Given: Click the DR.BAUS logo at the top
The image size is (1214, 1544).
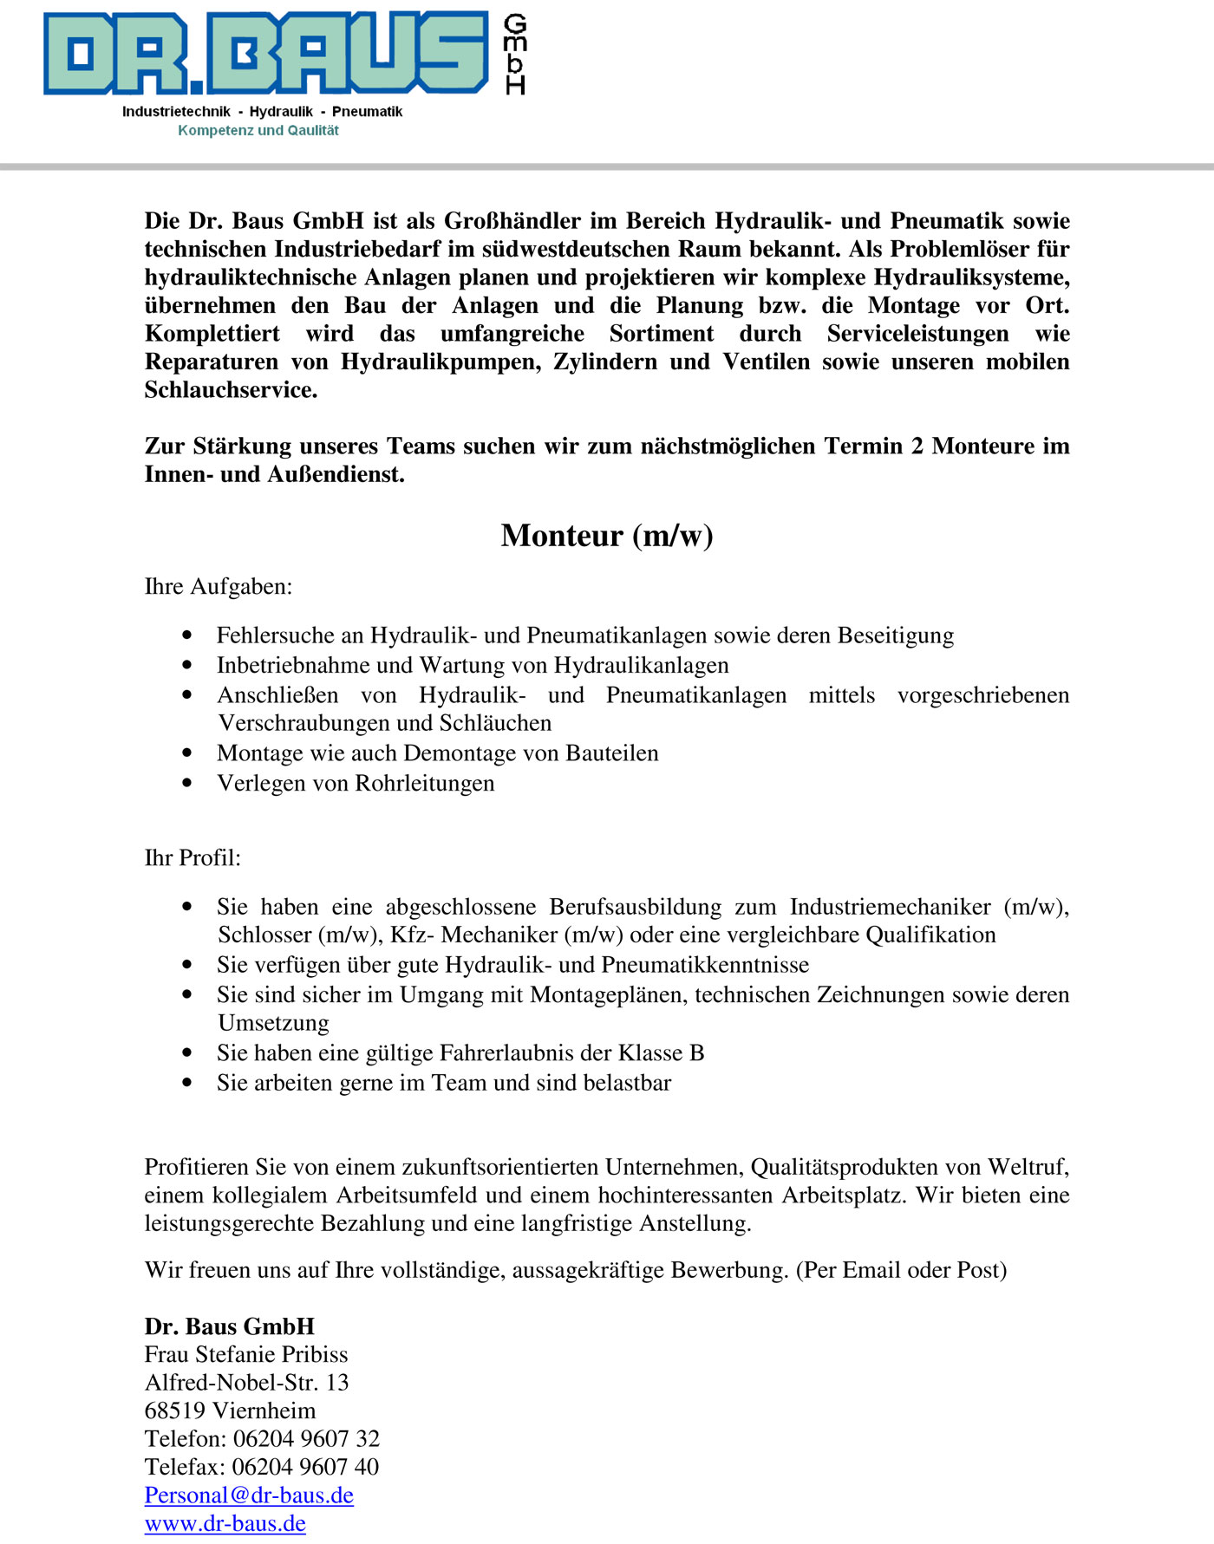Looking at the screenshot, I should [265, 53].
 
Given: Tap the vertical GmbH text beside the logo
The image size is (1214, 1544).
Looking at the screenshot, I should [515, 54].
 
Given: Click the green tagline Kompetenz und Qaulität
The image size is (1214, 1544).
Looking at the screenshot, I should [258, 131].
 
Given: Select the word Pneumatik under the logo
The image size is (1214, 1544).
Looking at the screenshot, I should [367, 112].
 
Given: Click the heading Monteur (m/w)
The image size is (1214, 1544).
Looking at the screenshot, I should [607, 536].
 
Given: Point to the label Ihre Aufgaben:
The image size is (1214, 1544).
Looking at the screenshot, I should [219, 587].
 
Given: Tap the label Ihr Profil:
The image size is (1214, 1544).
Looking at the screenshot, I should [193, 858].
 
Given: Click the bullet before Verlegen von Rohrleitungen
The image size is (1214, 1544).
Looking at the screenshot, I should [187, 783].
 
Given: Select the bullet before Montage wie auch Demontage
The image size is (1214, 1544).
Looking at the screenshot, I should [187, 753].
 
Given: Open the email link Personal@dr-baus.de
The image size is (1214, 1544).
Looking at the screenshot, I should [249, 1495].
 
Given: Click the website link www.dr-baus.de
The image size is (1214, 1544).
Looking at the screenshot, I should [225, 1524].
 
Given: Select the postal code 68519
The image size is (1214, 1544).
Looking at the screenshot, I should [175, 1411].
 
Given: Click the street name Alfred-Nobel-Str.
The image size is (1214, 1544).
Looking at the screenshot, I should [232, 1383].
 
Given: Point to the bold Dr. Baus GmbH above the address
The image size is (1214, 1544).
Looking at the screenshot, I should [230, 1326].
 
